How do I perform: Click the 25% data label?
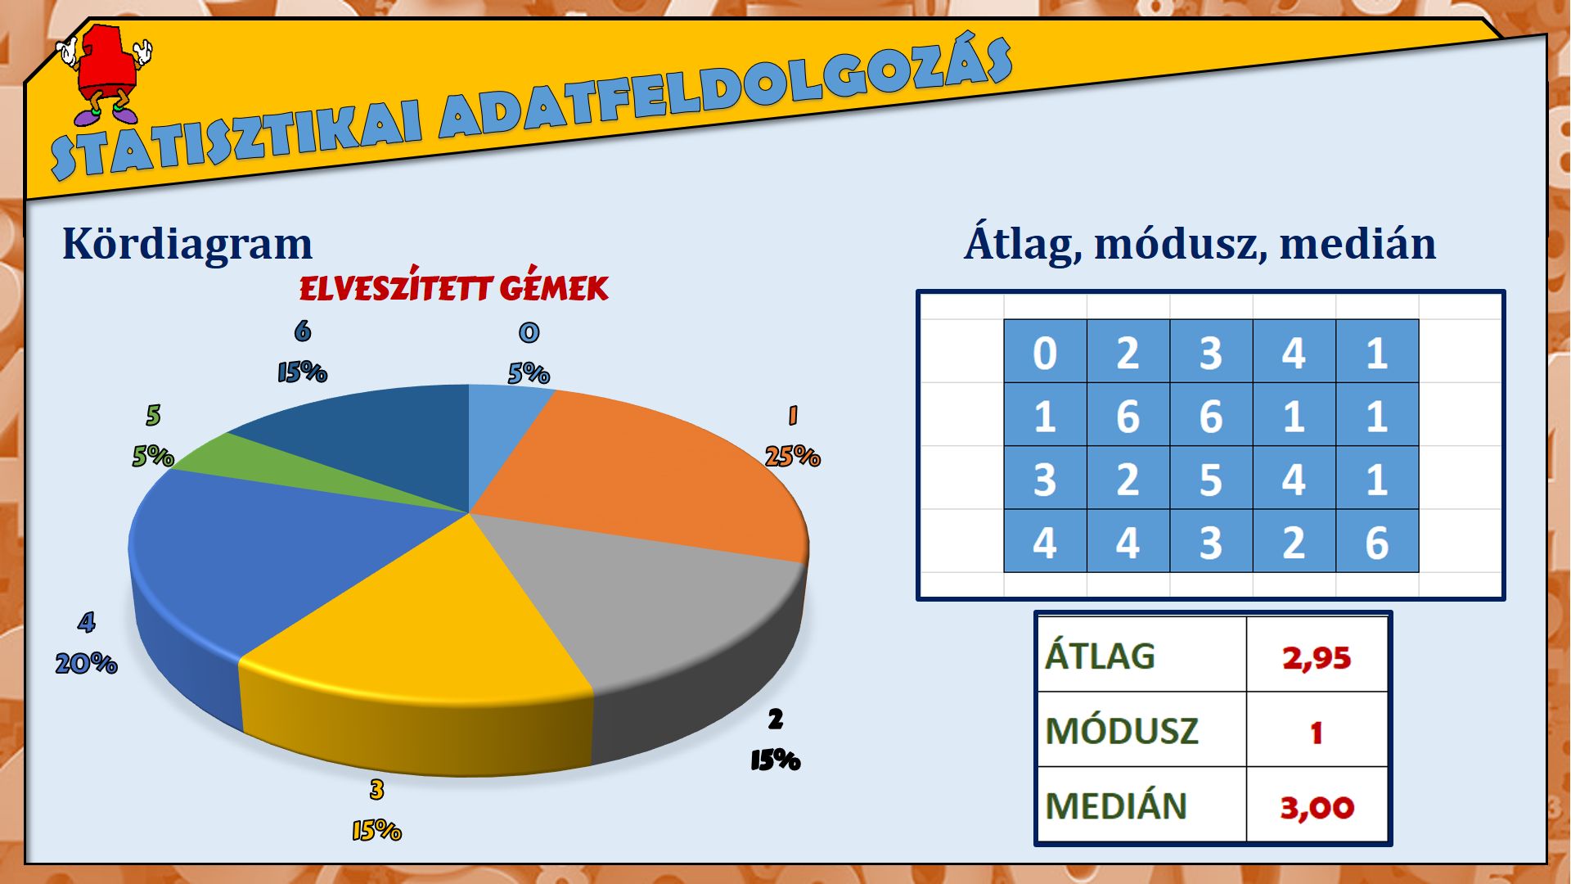pos(792,456)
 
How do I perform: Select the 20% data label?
pos(86,663)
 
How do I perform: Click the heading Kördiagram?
pos(187,244)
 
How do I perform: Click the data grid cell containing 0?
pos(1045,352)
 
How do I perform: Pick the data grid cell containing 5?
pos(1211,479)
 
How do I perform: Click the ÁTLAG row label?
pos(1100,656)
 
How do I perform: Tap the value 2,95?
pos(1317,658)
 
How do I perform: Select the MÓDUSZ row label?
pos(1122,731)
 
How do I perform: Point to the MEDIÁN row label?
pos(1116,805)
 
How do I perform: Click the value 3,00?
pos(1317,808)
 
